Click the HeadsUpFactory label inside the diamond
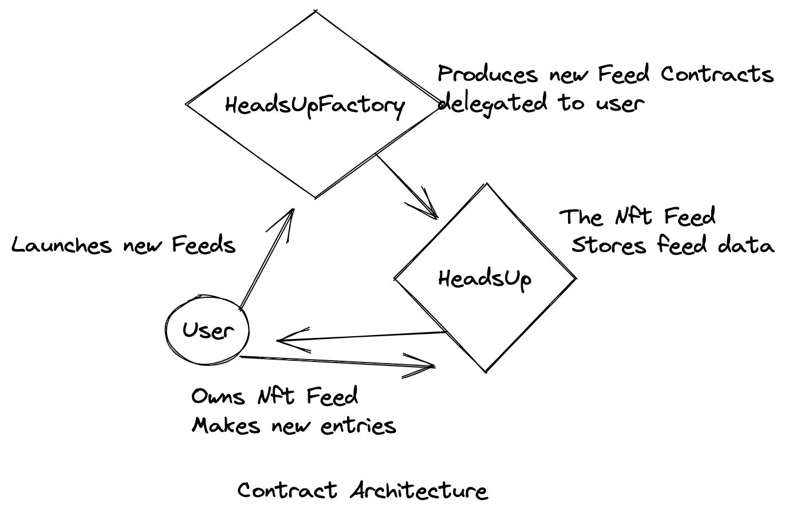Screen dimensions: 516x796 [x=314, y=105]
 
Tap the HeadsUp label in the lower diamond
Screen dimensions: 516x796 [x=484, y=279]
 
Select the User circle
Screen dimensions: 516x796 [x=208, y=330]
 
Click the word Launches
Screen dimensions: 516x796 [x=61, y=245]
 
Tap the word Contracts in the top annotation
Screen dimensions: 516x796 [x=716, y=74]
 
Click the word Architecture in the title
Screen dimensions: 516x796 [x=419, y=491]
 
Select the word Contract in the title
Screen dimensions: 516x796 [x=287, y=491]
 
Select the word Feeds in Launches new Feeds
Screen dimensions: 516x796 [x=204, y=245]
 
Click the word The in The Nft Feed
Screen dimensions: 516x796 [x=581, y=217]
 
